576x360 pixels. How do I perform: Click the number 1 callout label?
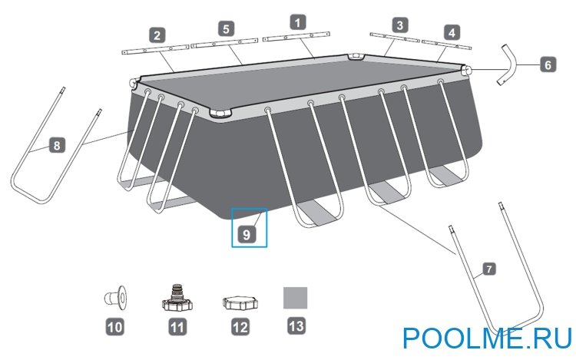297,22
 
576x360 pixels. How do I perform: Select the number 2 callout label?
157,35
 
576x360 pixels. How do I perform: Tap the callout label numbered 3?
399,25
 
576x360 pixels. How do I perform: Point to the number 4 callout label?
452,33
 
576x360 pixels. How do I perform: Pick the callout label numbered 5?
226,28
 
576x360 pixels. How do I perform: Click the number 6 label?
548,65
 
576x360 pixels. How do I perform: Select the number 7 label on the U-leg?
488,269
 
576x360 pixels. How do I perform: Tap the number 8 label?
57,145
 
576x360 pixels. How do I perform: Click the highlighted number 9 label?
247,234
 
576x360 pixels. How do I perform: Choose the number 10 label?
115,326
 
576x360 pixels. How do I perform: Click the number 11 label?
177,326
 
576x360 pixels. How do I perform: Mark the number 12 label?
240,326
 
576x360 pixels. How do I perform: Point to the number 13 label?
296,325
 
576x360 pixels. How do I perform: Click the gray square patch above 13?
296,298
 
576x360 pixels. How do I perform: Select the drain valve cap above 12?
240,302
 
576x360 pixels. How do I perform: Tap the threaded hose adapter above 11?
177,299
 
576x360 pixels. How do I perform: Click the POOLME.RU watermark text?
488,338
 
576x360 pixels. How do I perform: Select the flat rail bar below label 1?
296,37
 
